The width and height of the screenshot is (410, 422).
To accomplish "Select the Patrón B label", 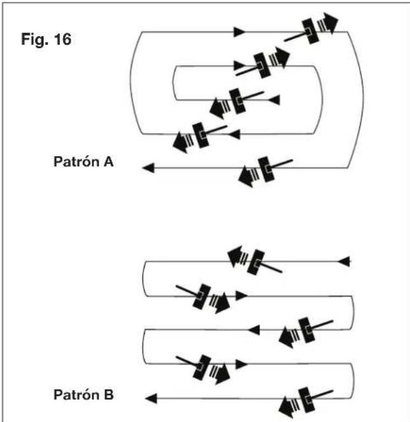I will [x=83, y=395].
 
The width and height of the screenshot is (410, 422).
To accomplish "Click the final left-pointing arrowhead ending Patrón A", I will [x=147, y=168].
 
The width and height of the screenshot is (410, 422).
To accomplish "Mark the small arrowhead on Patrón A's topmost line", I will [x=240, y=31].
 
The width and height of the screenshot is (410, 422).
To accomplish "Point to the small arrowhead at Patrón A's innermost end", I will [x=275, y=100].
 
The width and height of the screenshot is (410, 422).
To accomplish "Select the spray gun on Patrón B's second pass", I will [x=207, y=297].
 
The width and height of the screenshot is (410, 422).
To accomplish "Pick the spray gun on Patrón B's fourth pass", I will [x=207, y=367].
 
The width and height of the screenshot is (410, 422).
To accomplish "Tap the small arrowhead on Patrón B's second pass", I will [x=241, y=295].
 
